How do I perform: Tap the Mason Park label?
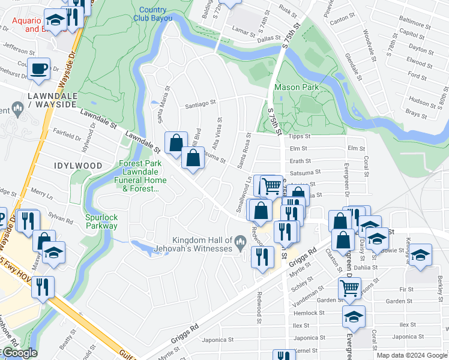(295, 87)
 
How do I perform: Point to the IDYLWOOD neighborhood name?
(78, 165)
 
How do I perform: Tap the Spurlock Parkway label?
(101, 222)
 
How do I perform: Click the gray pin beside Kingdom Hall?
(240, 244)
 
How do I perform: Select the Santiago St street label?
(200, 104)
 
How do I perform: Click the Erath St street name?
(300, 161)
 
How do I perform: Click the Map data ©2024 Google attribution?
(411, 355)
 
